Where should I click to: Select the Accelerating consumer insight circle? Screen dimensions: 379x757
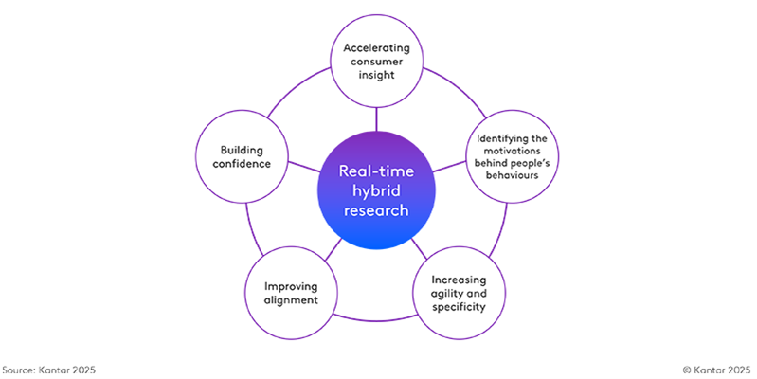coord(377,61)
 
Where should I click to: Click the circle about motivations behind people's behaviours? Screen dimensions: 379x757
coord(513,157)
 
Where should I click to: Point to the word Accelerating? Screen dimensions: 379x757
coord(377,46)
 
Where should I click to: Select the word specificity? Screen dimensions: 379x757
coord(459,308)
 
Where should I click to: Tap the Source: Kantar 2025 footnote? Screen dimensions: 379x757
coord(49,369)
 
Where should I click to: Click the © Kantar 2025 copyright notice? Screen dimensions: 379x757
coord(716,369)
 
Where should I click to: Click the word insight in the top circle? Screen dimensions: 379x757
coord(377,75)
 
